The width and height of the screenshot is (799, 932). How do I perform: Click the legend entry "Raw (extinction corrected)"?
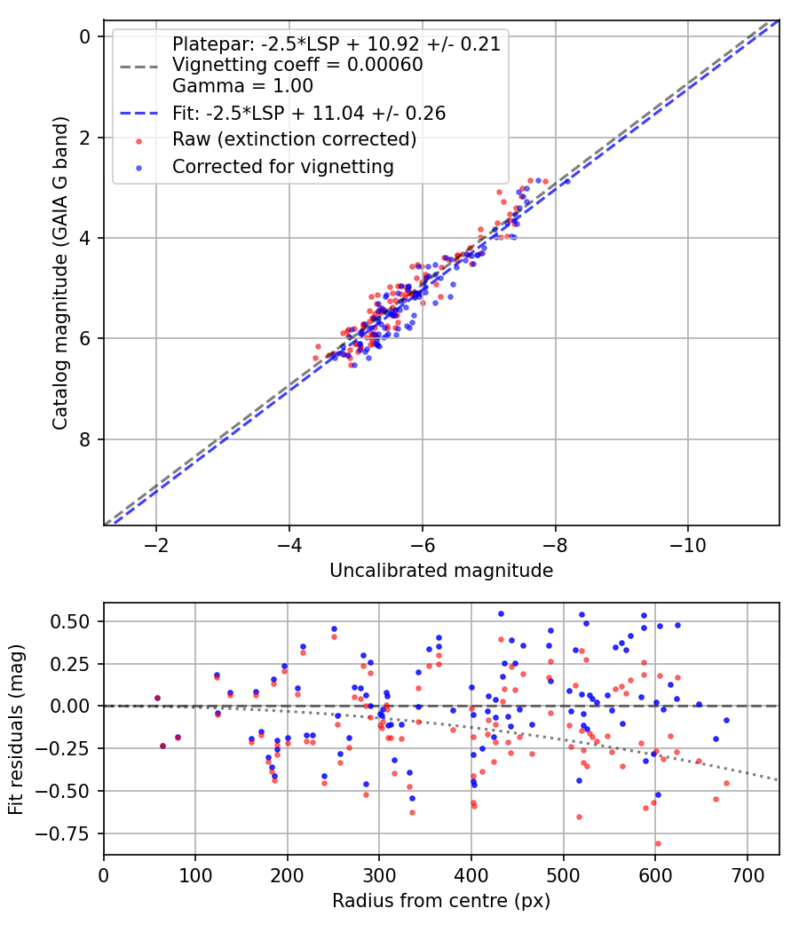coord(294,139)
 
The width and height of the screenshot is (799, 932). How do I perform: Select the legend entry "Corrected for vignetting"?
coord(283,166)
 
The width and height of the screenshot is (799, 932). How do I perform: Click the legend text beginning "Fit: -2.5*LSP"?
coord(308,114)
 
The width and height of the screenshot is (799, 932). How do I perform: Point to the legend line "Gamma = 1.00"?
coord(242,87)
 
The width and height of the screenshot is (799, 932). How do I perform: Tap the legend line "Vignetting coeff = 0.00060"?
coord(297,66)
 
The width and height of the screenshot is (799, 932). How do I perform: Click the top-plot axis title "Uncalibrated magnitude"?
coord(441,571)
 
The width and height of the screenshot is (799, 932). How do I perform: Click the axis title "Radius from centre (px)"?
coord(441,901)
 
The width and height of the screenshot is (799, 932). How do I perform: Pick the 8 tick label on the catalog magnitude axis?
coord(85,439)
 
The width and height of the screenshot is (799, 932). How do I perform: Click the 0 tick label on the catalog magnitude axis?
coord(85,36)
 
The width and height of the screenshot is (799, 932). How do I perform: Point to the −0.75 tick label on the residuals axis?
coord(69,833)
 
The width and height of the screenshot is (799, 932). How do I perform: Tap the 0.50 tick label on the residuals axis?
coord(74,621)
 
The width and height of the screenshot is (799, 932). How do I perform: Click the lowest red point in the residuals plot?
coord(658,843)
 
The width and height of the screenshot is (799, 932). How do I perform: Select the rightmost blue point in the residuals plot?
coord(726,720)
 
